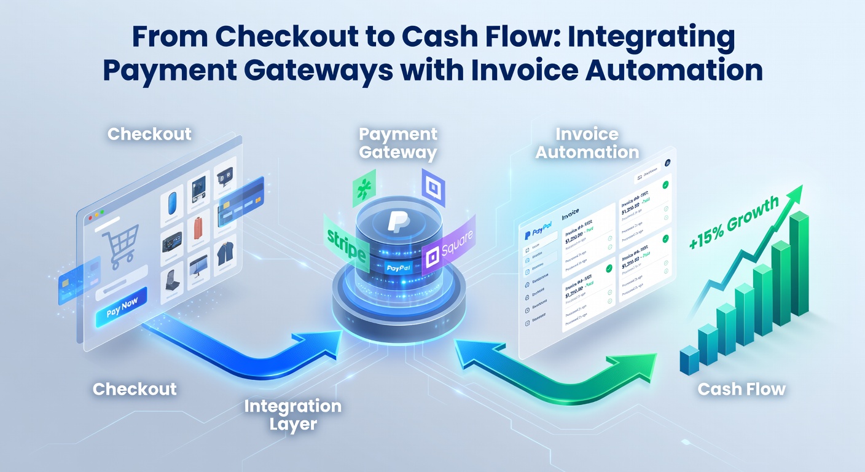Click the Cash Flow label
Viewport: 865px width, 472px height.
(x=742, y=389)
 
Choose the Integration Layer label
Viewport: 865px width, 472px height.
(x=292, y=415)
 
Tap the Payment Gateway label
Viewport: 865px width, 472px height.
(x=398, y=143)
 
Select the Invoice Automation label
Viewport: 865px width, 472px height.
(x=587, y=143)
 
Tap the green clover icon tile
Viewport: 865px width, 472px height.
(x=364, y=190)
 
